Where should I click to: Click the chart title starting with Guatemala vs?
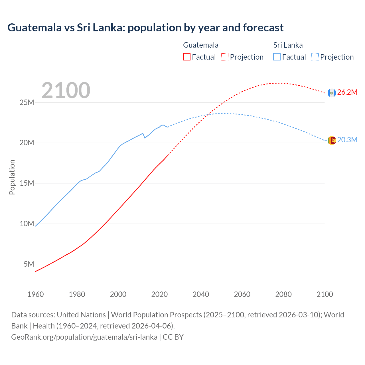(x=145, y=28)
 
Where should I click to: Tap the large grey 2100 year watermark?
(x=66, y=91)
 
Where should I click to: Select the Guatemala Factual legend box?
(x=186, y=57)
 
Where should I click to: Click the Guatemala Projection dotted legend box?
(x=225, y=57)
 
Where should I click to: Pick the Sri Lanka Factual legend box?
(x=277, y=57)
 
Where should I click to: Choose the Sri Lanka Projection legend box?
(x=315, y=57)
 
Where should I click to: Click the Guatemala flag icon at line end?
(x=332, y=93)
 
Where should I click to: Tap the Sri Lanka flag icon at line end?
(x=332, y=140)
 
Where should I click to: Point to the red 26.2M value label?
(x=347, y=92)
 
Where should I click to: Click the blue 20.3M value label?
(x=347, y=140)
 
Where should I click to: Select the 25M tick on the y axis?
(x=27, y=102)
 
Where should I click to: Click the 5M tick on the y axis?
(x=29, y=264)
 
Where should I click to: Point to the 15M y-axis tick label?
(x=27, y=183)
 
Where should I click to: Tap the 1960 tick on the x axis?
(x=36, y=294)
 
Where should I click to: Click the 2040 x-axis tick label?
(x=201, y=294)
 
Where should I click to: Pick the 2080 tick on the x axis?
(x=283, y=294)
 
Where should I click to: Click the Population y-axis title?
(x=12, y=177)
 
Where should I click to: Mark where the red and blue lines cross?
(x=209, y=114)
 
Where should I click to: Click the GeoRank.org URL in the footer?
(x=84, y=337)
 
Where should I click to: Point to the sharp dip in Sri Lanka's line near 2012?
(x=145, y=138)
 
